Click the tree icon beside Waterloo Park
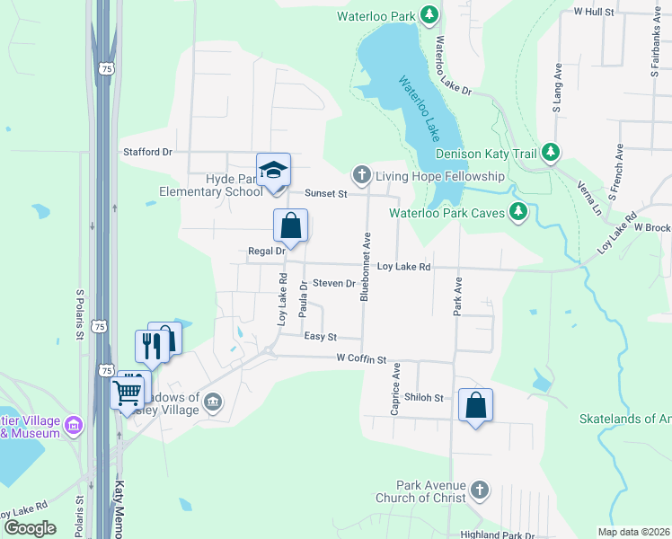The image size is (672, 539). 429,15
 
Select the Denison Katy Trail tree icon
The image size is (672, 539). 552,154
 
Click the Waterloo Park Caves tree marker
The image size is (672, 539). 517,213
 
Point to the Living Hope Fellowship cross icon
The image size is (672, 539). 361,176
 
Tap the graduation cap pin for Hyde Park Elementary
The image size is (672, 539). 273,170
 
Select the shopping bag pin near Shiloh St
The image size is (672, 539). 475,405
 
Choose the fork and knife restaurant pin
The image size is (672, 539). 151,346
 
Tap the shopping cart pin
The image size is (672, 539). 127,392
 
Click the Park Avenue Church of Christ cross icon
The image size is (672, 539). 480,490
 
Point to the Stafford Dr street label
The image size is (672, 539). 146,152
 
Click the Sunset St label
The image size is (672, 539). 325,193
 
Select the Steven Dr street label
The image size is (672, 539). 334,283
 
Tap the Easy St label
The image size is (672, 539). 320,337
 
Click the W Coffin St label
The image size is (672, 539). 361,358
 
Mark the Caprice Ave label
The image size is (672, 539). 394,389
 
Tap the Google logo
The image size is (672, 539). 30,527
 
